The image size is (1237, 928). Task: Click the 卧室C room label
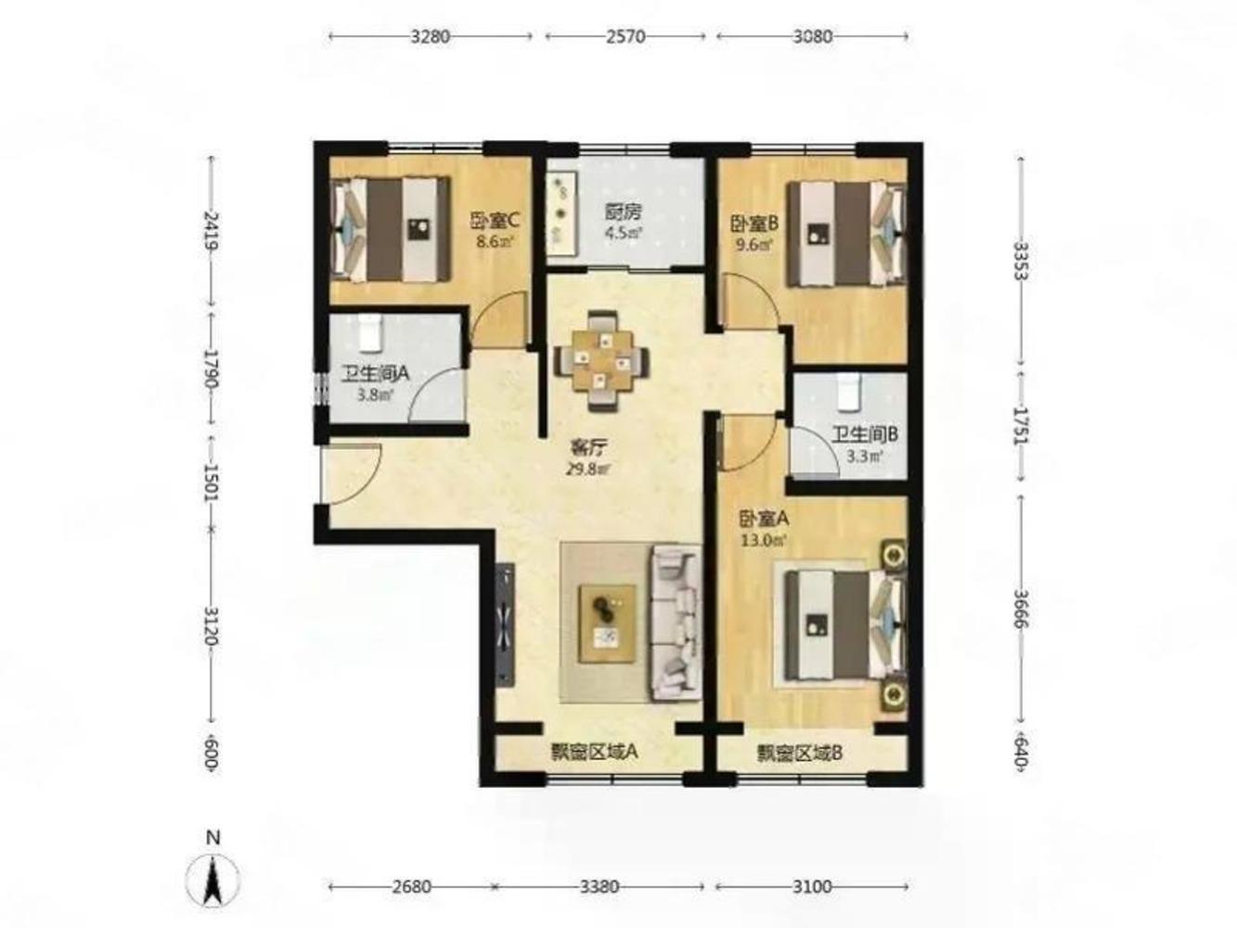pyautogui.click(x=495, y=221)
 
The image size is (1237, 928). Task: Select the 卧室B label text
pyautogui.click(x=754, y=224)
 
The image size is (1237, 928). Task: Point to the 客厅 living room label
pyautogui.click(x=588, y=448)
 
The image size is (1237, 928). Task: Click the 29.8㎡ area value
pyautogui.click(x=588, y=469)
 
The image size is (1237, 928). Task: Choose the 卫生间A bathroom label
pyautogui.click(x=375, y=373)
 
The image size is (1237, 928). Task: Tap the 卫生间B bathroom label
pyautogui.click(x=866, y=434)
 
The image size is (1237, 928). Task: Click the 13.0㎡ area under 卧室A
pyautogui.click(x=763, y=541)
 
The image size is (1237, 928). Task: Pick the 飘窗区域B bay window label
pyautogui.click(x=799, y=753)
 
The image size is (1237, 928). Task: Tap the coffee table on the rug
pyautogui.click(x=608, y=623)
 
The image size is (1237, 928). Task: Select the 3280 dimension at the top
pyautogui.click(x=431, y=36)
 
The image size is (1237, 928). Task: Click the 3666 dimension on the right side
pyautogui.click(x=1021, y=609)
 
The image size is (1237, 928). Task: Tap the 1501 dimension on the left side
pyautogui.click(x=212, y=483)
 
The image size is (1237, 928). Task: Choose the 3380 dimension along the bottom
pyautogui.click(x=599, y=886)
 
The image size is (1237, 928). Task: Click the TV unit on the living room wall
pyautogui.click(x=506, y=624)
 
